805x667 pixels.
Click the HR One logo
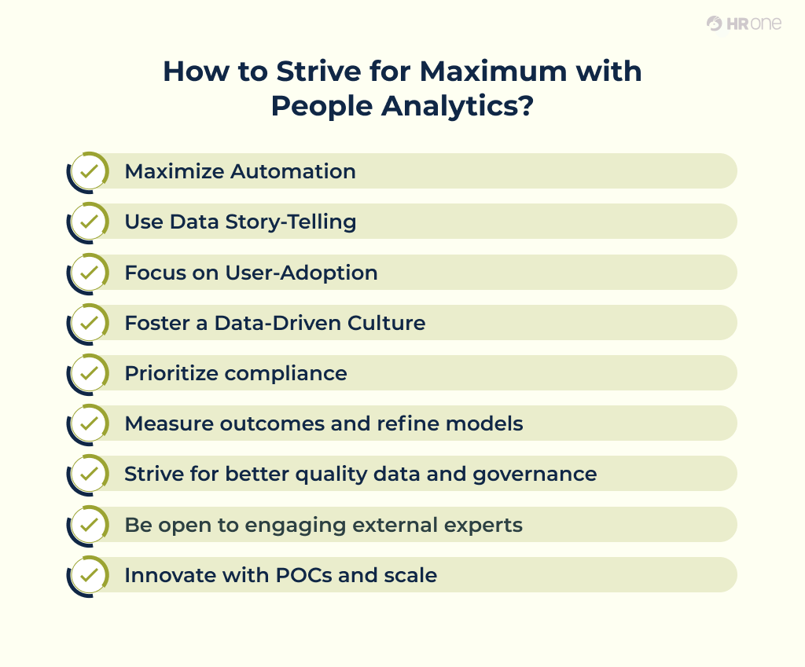tap(744, 24)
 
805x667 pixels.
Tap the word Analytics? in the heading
tap(458, 106)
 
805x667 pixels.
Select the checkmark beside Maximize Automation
tap(90, 171)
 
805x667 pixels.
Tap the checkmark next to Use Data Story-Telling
tap(90, 222)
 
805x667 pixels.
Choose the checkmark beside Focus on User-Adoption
tap(90, 273)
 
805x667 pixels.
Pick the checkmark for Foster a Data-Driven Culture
tap(90, 323)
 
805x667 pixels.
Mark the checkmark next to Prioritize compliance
tap(90, 373)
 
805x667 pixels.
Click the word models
tap(484, 424)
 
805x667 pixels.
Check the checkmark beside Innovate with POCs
tap(90, 575)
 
